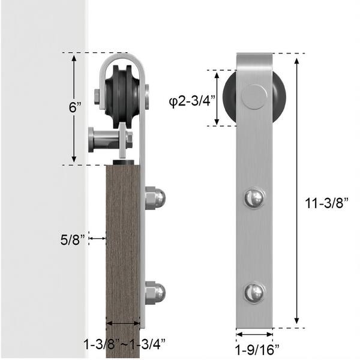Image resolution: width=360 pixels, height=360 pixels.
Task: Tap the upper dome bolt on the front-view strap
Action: pos(254,197)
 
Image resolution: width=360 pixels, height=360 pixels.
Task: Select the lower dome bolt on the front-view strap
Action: pos(254,293)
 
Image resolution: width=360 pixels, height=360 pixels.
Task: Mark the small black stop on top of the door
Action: pos(123,162)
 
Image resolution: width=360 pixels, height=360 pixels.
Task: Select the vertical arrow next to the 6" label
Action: pos(74,109)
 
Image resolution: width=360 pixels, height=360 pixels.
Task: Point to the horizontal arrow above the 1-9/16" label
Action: pos(254,334)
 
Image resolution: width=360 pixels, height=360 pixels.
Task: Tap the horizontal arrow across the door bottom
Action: pos(123,325)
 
